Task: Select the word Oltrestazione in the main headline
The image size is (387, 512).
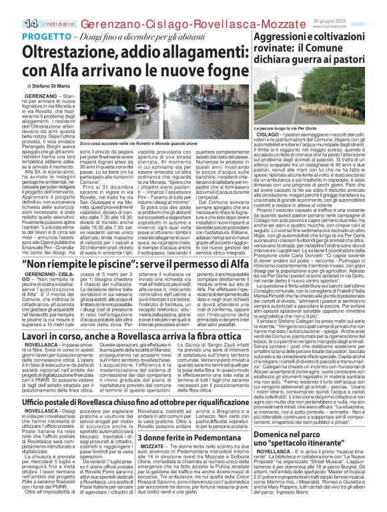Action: pyautogui.click(x=67, y=51)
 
